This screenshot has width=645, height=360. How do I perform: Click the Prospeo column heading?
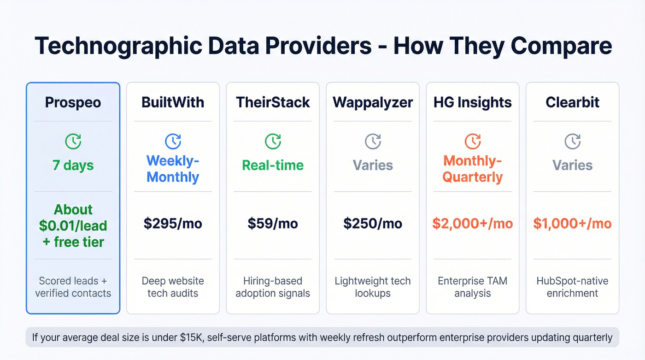point(73,102)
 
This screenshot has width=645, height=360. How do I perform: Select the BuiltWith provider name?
point(173,102)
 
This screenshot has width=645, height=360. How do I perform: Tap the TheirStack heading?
point(273,102)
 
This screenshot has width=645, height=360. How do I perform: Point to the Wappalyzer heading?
point(373,102)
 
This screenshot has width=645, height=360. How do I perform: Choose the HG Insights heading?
point(473,102)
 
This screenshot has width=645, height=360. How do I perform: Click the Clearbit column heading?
point(573,102)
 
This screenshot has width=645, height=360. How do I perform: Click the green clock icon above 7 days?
point(73,141)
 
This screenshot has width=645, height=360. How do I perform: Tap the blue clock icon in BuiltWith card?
point(173,141)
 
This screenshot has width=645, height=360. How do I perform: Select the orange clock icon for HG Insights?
point(473,141)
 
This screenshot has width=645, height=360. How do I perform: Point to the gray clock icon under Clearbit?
point(573,141)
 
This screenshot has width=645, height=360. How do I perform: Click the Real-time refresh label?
point(273,165)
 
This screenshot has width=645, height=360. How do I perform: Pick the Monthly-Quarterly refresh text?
point(473,169)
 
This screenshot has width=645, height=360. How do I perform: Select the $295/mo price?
point(173,224)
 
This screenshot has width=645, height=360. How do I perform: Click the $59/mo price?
point(273,224)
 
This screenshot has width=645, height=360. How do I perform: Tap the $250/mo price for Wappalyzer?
point(373,224)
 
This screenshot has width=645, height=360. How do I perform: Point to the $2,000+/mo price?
point(473,224)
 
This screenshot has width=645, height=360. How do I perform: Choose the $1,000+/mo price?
point(573,224)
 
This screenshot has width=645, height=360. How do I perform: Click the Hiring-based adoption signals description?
point(273,287)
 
